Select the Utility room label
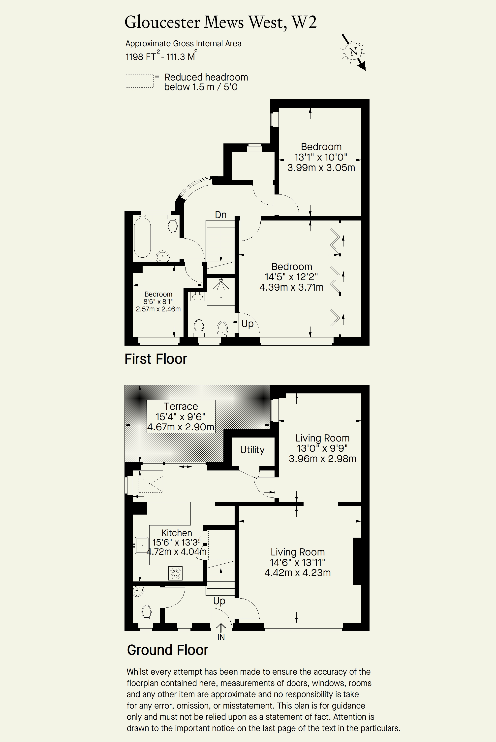click(x=252, y=450)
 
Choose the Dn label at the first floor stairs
click(x=220, y=215)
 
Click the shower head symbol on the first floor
click(x=220, y=284)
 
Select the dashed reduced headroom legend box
click(x=139, y=81)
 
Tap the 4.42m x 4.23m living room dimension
click(x=298, y=573)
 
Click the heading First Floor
click(x=156, y=359)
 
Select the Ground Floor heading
click(x=168, y=650)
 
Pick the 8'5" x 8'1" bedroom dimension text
click(x=158, y=302)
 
